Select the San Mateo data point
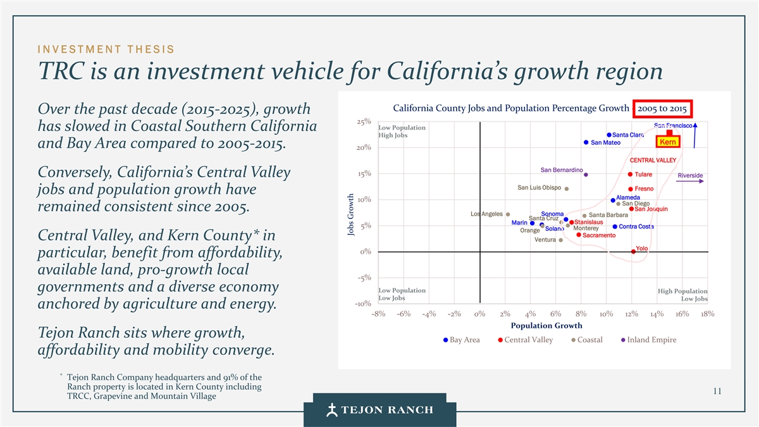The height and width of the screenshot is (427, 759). [586, 142]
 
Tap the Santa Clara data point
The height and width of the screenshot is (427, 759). [608, 135]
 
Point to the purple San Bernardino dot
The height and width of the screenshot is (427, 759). [586, 175]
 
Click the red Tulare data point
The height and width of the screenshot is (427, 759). [631, 175]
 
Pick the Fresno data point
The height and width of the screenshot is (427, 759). [631, 189]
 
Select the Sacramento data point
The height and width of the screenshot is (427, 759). [579, 235]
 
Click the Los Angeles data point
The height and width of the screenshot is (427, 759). [508, 214]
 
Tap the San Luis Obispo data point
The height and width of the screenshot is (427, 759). [567, 189]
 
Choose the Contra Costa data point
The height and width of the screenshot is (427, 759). [615, 226]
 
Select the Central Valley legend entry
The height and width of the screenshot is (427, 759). [525, 340]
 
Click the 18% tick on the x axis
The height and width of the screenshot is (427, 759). [708, 314]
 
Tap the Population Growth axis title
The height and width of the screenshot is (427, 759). [546, 326]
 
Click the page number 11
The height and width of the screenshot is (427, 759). [717, 391]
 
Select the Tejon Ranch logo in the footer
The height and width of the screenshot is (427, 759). [379, 409]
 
